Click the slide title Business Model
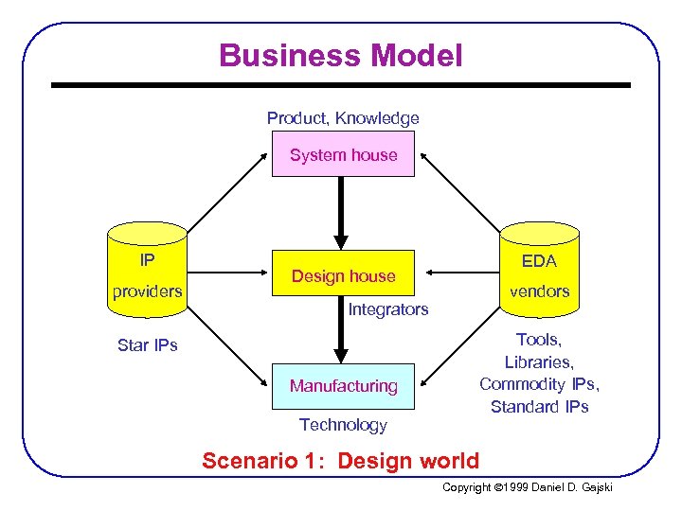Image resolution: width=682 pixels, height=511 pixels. (341, 55)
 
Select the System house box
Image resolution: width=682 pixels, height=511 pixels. (343, 155)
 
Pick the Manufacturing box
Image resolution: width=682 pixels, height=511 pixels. (343, 386)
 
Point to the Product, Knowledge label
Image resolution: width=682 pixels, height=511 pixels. (343, 118)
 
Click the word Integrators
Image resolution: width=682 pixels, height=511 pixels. (388, 309)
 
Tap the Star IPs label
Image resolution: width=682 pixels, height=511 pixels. (148, 345)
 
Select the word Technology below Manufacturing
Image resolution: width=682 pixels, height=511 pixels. (343, 425)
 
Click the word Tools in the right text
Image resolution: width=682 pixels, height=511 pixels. (538, 340)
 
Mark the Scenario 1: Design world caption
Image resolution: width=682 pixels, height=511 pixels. (341, 461)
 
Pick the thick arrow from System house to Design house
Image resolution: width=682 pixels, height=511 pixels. (342, 213)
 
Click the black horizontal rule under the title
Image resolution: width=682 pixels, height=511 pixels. (341, 85)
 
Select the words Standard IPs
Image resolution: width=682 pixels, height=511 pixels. (539, 407)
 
